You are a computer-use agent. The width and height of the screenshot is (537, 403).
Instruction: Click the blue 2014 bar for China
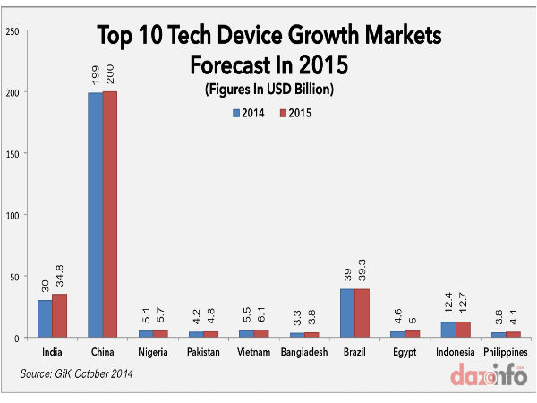95,215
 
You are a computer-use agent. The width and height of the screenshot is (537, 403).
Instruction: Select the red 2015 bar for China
110,214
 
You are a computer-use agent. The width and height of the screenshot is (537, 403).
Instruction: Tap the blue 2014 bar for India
44,319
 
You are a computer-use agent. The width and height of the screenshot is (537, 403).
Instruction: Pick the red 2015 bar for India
59,315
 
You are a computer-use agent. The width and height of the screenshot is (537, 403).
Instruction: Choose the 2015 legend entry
294,114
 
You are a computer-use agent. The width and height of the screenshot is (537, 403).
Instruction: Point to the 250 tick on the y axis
13,31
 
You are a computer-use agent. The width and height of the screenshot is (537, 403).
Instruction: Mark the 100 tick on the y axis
13,215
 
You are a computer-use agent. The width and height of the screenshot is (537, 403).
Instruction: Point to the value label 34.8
59,273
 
